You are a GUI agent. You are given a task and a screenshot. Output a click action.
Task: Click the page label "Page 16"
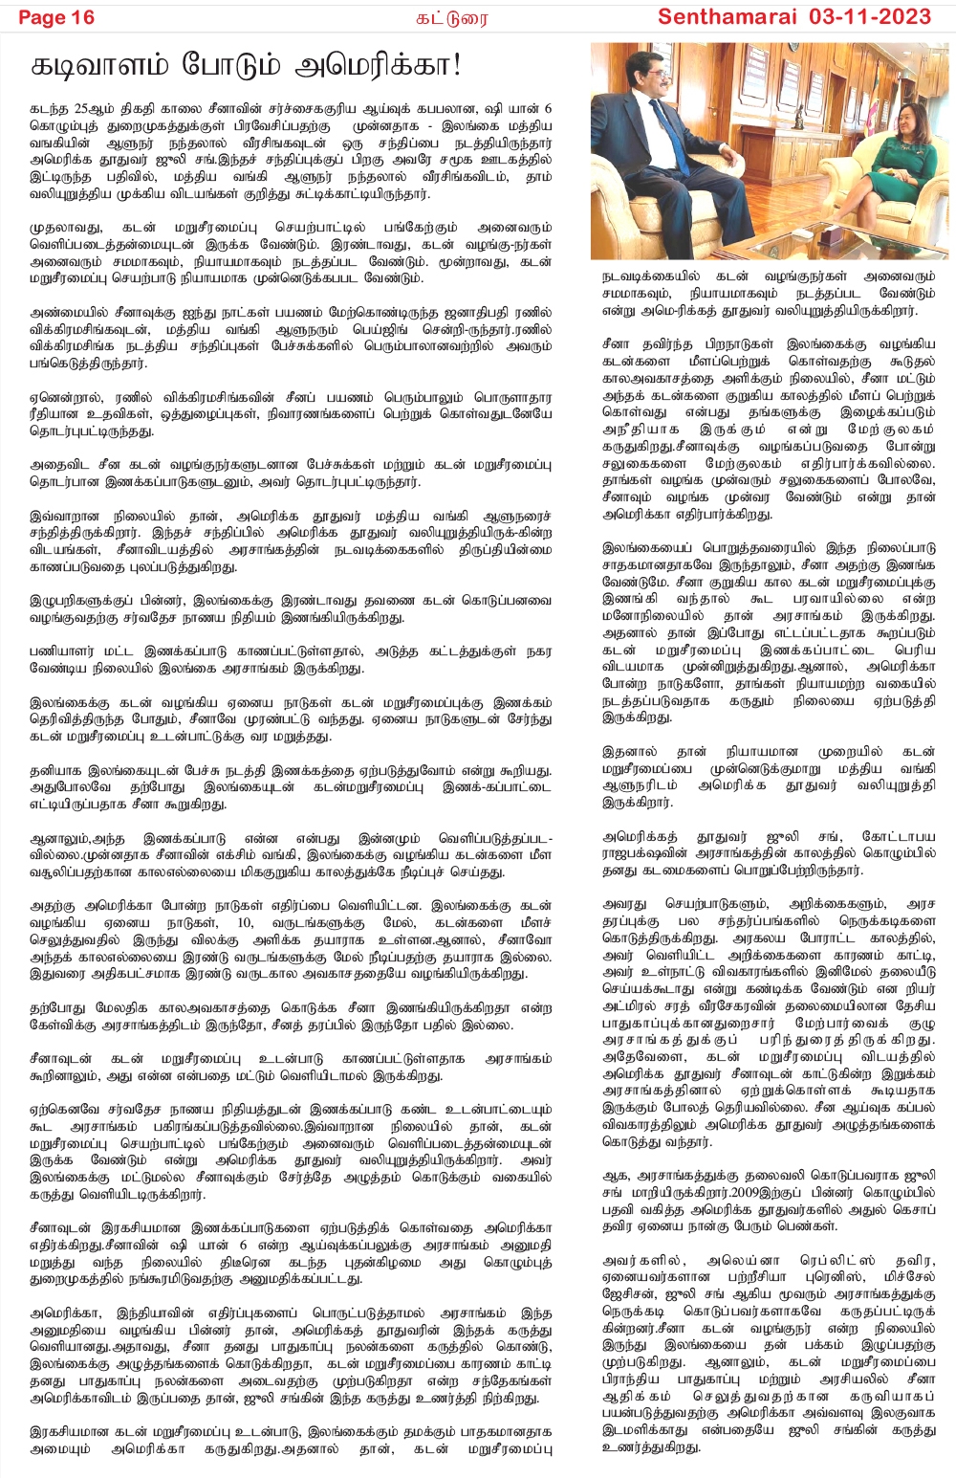(x=56, y=17)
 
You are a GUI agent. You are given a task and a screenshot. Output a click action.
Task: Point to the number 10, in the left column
(x=246, y=922)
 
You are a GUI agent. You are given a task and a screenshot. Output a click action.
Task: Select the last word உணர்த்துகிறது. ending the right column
(x=651, y=1446)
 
